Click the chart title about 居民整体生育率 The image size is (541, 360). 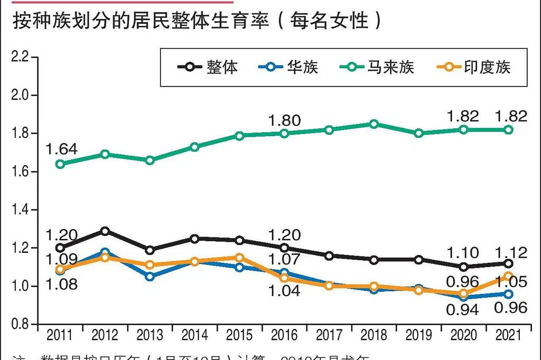(x=196, y=21)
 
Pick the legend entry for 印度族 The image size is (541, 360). (x=473, y=67)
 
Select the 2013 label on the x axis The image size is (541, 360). (x=150, y=335)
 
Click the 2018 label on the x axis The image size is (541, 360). (x=374, y=335)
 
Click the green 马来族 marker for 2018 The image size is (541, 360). (x=374, y=124)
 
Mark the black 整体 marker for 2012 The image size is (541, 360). (x=105, y=231)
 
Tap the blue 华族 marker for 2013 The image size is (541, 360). (x=150, y=277)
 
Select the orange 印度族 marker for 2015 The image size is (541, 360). (x=239, y=258)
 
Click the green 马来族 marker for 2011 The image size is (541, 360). (x=60, y=164)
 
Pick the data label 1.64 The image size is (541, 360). (x=61, y=149)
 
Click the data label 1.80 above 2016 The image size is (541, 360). (x=284, y=120)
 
